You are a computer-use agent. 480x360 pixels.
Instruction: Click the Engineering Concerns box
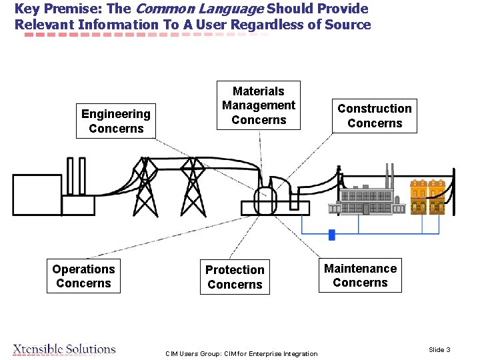pyautogui.click(x=116, y=121)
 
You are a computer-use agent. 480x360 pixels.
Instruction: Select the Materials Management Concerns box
pyautogui.click(x=259, y=105)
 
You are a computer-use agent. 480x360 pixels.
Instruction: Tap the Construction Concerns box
pyautogui.click(x=375, y=115)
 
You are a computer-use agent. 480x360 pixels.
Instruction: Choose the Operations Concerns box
pyautogui.click(x=83, y=276)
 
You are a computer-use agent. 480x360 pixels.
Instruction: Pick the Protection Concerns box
pyautogui.click(x=235, y=277)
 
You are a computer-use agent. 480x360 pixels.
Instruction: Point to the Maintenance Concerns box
pyautogui.click(x=360, y=275)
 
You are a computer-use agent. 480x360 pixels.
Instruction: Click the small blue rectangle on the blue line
pyautogui.click(x=331, y=234)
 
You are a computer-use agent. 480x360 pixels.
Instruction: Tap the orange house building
pyautogui.click(x=427, y=197)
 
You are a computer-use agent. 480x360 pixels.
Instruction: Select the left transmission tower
pyautogui.click(x=143, y=186)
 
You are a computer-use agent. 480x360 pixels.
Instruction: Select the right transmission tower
pyautogui.click(x=193, y=186)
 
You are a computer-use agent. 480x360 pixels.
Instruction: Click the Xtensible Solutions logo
pyautogui.click(x=64, y=349)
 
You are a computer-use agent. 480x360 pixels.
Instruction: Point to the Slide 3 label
pyautogui.click(x=439, y=350)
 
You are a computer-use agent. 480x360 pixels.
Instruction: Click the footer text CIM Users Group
pyautogui.click(x=241, y=353)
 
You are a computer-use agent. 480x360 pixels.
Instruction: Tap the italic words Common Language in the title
pyautogui.click(x=200, y=9)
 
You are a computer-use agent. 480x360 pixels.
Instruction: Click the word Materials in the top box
pyautogui.click(x=259, y=91)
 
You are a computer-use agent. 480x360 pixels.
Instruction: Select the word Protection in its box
pyautogui.click(x=235, y=270)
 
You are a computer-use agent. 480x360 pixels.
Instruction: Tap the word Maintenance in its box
pyautogui.click(x=360, y=269)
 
